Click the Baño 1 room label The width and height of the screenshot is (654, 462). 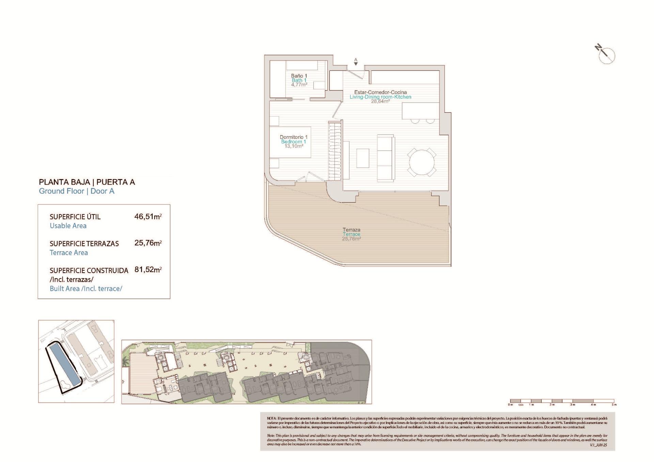point(299,76)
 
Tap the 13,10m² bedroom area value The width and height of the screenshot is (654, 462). point(294,146)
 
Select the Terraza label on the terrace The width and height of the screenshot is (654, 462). point(351,230)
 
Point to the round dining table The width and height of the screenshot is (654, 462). point(422,162)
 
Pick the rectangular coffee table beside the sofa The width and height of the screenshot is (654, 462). point(363,158)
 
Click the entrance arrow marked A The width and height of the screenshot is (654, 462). point(356,62)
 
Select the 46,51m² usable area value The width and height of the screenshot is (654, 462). point(148,217)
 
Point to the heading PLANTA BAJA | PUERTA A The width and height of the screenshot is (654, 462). point(87,182)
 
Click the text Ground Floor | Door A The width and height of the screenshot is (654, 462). point(77,191)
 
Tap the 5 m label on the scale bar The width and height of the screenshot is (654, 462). point(614,405)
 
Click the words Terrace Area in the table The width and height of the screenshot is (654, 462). point(69,253)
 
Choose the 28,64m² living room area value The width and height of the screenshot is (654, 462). point(380,101)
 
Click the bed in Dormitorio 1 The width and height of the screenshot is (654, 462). point(290,142)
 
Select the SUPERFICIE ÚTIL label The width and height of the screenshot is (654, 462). point(75,217)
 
